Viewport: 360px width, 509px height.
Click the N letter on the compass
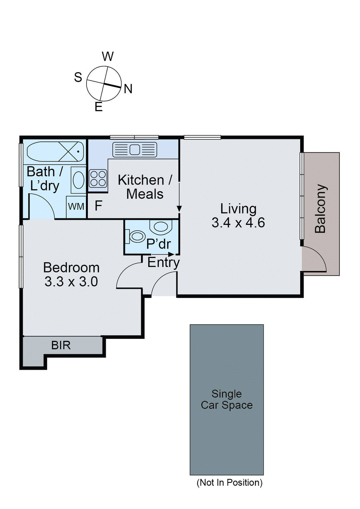click(x=128, y=89)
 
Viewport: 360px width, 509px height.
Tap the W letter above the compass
click(x=108, y=56)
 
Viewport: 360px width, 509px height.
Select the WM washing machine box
click(x=76, y=207)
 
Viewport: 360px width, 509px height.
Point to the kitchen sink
click(x=135, y=150)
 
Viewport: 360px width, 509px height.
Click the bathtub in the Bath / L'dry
click(x=55, y=151)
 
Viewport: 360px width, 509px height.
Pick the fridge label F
click(x=98, y=206)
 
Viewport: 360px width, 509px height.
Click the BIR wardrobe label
click(x=61, y=345)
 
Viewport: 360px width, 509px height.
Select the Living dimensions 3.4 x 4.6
click(x=238, y=222)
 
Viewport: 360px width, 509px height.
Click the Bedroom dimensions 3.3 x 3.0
click(x=71, y=282)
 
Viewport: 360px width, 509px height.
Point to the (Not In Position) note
click(x=229, y=482)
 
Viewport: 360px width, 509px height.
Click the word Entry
click(x=164, y=263)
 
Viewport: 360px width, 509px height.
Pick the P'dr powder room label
click(x=159, y=244)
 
